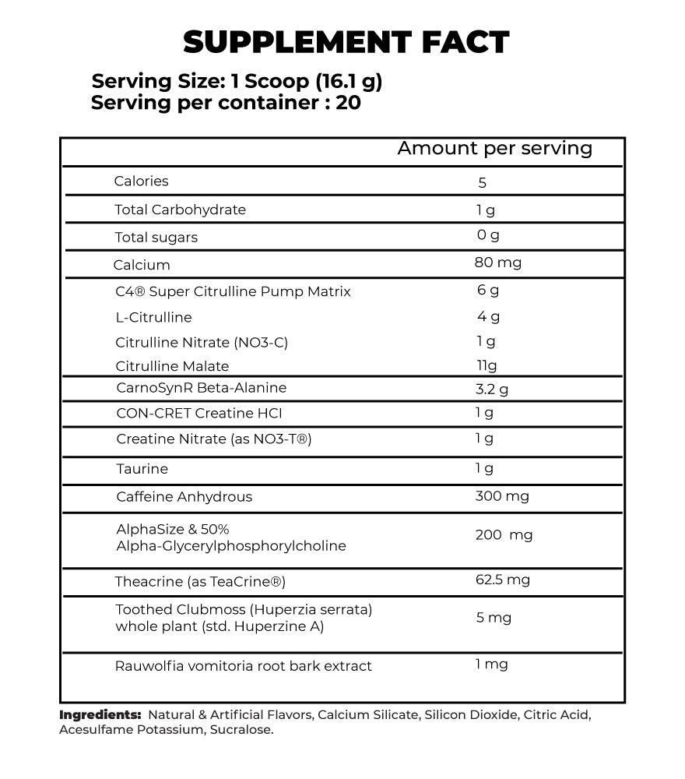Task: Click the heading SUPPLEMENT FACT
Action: point(346,42)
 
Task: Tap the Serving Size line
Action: point(237,81)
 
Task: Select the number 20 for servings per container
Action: point(349,103)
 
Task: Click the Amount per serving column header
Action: point(494,149)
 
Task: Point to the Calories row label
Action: point(141,182)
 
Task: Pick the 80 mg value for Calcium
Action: point(497,263)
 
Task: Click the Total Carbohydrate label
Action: point(180,210)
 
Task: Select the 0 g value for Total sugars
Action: point(488,235)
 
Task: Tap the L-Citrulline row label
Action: point(153,318)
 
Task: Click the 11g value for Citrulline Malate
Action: point(487,366)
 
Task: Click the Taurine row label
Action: point(142,469)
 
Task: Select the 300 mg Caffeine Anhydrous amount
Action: point(501,497)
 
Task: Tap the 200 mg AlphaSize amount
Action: point(504,535)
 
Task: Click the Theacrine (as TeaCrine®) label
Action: point(200,582)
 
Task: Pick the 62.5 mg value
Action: point(502,580)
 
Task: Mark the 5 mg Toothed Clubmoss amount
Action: point(494,619)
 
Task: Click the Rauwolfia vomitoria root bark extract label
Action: point(243,666)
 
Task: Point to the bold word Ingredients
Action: point(100,714)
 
